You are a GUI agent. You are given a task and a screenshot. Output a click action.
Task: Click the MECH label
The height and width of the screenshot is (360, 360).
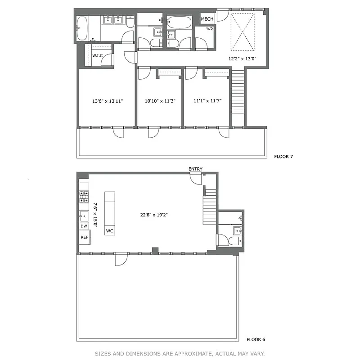click(x=207, y=19)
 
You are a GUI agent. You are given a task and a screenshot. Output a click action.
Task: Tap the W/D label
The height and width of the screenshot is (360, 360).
click(x=209, y=29)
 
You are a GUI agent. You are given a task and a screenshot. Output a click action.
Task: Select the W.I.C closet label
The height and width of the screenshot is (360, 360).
click(x=98, y=55)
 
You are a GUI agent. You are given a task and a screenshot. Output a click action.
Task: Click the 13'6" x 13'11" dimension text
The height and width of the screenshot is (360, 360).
click(x=107, y=101)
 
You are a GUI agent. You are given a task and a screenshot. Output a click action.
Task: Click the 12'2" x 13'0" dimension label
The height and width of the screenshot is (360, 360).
click(x=243, y=58)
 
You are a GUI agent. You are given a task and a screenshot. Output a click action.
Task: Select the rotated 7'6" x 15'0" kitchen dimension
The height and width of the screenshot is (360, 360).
click(x=95, y=215)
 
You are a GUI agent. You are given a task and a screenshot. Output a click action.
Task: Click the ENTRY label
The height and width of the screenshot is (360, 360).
click(x=195, y=169)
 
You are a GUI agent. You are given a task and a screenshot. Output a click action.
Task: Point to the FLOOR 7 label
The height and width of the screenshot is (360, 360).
click(x=283, y=157)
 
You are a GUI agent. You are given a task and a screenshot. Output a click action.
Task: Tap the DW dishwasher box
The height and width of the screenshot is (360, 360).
click(x=84, y=226)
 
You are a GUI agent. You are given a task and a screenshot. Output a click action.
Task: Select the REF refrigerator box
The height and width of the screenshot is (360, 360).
click(x=84, y=237)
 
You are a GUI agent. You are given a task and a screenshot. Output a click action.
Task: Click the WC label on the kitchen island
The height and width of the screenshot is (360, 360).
click(x=110, y=231)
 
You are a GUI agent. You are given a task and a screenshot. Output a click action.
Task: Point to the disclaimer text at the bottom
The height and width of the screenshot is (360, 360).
click(x=180, y=353)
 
